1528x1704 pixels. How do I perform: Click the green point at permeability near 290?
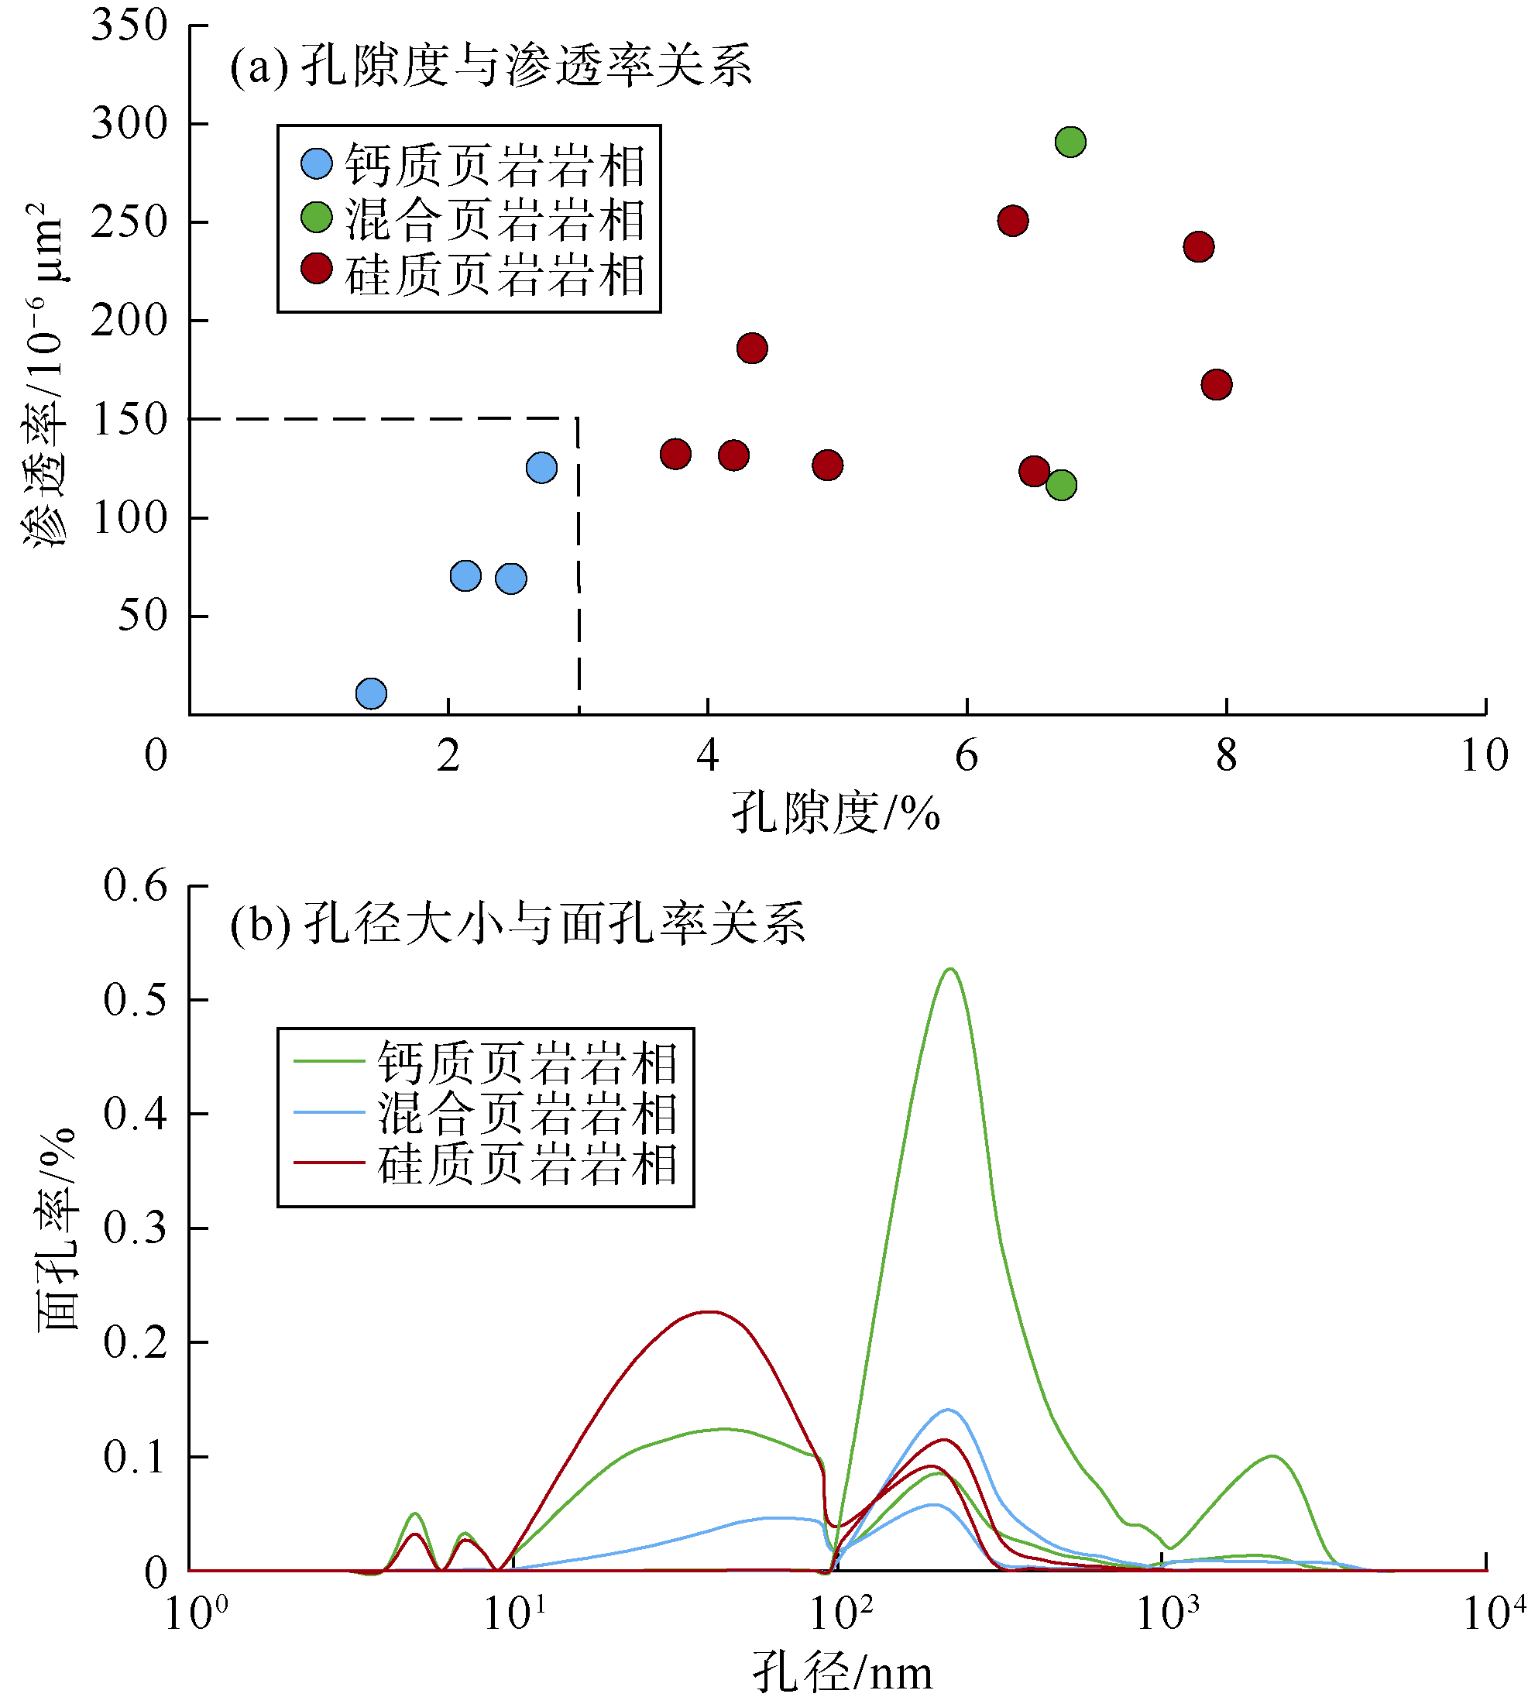pos(1070,142)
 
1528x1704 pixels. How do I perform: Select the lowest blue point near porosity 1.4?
pos(371,693)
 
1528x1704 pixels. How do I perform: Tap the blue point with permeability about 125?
pos(541,467)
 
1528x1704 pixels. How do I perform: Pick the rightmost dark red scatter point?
pos(1217,385)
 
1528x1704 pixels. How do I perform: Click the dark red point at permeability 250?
pos(1013,221)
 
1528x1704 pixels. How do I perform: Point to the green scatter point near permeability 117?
pos(1061,485)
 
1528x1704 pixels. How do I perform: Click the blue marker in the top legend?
pos(317,163)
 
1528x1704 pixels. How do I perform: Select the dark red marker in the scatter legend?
pos(317,269)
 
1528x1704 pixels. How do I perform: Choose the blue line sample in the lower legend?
pos(328,1112)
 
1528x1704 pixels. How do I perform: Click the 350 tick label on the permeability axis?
pos(129,26)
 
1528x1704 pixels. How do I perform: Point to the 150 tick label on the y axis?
pos(129,419)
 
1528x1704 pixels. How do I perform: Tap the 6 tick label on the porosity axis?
pos(967,756)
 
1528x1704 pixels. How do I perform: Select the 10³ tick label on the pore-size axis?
pos(1167,1613)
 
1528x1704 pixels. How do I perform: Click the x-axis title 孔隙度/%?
pos(836,813)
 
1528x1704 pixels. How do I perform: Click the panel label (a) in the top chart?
pos(259,67)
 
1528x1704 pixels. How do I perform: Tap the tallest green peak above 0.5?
pos(949,970)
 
